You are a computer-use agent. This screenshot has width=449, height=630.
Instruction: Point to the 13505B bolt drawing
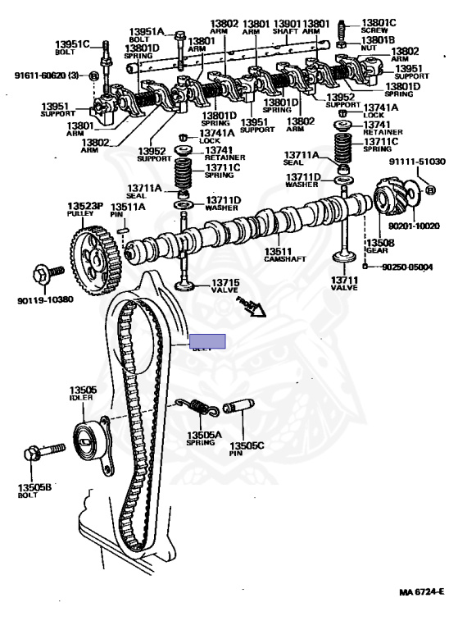pyautogui.click(x=45, y=451)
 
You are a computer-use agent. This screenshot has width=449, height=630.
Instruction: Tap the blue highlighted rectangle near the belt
pyautogui.click(x=206, y=341)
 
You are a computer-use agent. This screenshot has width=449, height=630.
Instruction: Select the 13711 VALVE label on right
pyautogui.click(x=343, y=284)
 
